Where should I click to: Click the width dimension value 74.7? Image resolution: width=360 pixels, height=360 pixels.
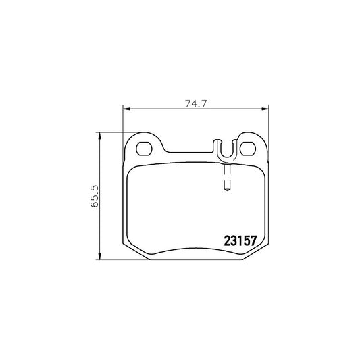(197, 104)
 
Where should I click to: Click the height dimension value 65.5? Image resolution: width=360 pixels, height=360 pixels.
(95, 197)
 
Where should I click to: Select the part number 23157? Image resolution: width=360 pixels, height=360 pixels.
(240, 241)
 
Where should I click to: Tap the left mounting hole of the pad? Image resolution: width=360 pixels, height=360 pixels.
(144, 149)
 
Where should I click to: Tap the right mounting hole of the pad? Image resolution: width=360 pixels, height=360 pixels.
(248, 149)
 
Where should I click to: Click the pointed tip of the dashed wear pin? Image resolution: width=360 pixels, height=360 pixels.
(227, 190)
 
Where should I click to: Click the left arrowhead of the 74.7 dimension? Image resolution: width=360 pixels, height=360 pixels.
(126, 109)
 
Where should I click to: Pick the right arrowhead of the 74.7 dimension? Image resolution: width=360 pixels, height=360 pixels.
(265, 109)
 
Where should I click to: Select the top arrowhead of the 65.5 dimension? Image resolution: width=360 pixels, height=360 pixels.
(99, 136)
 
